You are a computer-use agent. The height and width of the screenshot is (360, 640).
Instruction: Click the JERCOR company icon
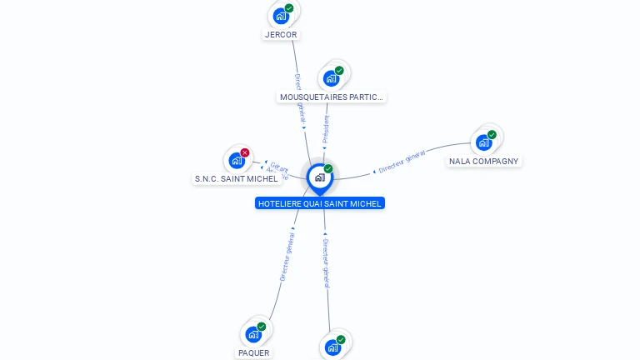(x=282, y=15)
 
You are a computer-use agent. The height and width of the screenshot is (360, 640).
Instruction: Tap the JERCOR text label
(x=281, y=35)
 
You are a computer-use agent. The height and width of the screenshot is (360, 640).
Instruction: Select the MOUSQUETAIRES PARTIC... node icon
(x=332, y=78)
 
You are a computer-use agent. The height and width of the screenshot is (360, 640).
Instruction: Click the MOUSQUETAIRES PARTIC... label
(x=332, y=97)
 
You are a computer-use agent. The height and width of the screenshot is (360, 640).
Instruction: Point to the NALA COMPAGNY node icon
(x=484, y=142)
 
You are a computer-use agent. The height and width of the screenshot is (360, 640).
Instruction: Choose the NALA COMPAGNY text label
(x=483, y=162)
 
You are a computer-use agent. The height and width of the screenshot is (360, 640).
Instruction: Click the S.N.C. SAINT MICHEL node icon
(x=237, y=160)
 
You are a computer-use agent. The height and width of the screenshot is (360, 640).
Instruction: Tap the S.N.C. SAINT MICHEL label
(x=236, y=179)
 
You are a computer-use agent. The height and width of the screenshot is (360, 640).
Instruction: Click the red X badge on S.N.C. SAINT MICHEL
(x=245, y=152)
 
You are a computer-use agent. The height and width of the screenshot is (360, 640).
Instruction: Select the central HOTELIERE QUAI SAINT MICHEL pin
(x=319, y=177)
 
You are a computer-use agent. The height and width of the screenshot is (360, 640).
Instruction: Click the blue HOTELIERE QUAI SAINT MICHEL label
(x=320, y=203)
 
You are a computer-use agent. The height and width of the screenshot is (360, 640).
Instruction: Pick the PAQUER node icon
(x=254, y=334)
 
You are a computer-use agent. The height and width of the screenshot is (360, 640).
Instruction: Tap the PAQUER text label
(x=254, y=353)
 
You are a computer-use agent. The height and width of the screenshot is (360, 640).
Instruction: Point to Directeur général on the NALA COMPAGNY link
(x=402, y=161)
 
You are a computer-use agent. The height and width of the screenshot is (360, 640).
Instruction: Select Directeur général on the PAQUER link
(x=287, y=257)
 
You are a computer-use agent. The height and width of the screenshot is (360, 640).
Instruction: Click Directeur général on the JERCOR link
(x=301, y=100)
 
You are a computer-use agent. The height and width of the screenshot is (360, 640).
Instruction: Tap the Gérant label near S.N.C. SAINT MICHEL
(x=278, y=167)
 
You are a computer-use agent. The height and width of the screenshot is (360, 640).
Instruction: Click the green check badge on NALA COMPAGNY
(x=492, y=134)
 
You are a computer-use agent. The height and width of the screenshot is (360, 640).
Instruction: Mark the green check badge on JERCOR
(x=289, y=8)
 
